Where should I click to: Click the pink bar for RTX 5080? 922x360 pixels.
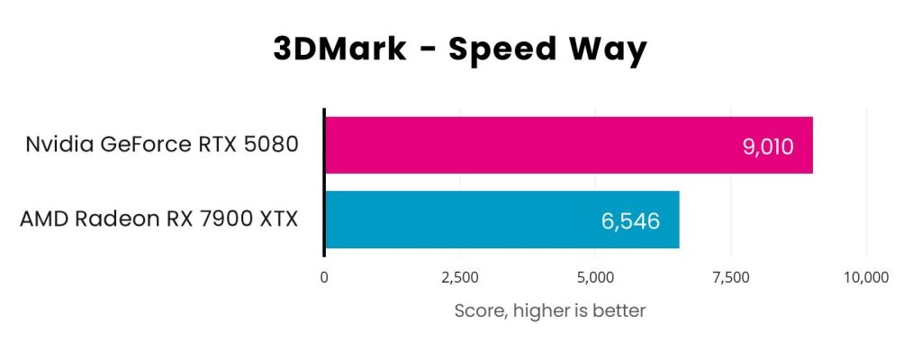(x=540, y=145)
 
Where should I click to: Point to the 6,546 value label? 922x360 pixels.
(x=631, y=220)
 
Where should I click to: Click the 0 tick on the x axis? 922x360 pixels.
(x=324, y=277)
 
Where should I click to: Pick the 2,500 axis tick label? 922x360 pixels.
(x=460, y=277)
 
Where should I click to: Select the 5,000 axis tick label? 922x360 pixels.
(x=595, y=277)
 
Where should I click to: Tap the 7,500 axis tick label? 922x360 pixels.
(x=730, y=277)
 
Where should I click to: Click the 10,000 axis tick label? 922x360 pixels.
(x=865, y=277)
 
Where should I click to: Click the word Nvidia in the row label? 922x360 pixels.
(x=58, y=144)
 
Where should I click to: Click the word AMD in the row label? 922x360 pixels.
(x=42, y=219)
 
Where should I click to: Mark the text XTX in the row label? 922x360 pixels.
(x=275, y=219)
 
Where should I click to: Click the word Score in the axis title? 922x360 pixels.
(x=478, y=311)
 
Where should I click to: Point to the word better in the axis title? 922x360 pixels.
(x=617, y=311)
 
